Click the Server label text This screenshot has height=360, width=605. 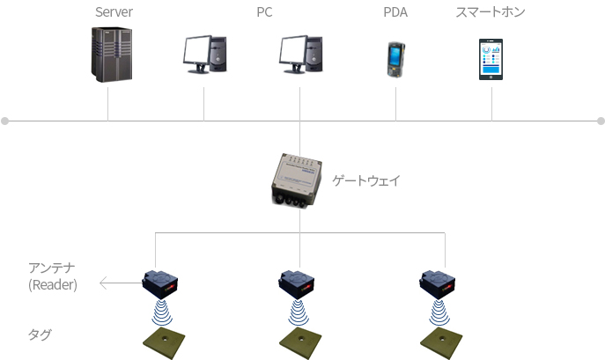[x=114, y=12]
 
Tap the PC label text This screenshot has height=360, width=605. [x=264, y=12]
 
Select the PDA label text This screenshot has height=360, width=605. [x=395, y=12]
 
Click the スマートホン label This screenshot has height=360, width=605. [x=491, y=12]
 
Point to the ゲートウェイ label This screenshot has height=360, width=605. [x=366, y=180]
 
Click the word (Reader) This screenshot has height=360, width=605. [x=53, y=285]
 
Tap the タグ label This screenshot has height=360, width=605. [x=40, y=334]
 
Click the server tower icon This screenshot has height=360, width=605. [x=112, y=54]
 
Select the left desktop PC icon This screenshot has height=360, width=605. [x=204, y=54]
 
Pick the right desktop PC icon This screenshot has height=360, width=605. [x=300, y=54]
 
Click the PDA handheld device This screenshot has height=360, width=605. [x=396, y=60]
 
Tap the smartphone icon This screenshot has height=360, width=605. [x=491, y=60]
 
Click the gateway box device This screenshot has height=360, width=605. [x=296, y=180]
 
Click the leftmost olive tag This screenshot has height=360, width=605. [x=164, y=343]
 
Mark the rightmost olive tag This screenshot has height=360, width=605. [x=441, y=343]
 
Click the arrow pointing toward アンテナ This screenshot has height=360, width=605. [x=121, y=283]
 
